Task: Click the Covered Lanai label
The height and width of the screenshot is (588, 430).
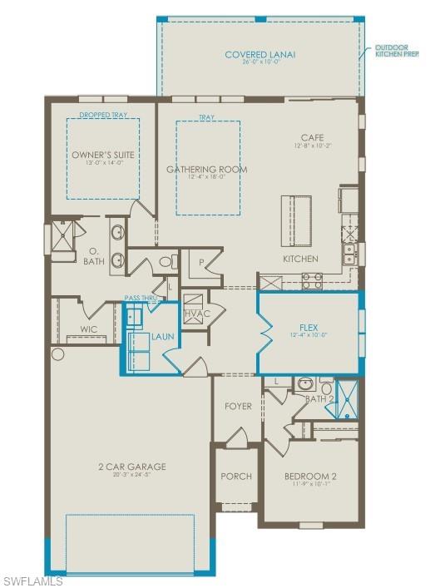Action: (259, 55)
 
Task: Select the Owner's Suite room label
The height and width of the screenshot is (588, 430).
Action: (103, 155)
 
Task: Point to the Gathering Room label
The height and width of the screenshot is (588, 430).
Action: (206, 170)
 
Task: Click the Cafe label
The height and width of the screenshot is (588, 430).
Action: (313, 137)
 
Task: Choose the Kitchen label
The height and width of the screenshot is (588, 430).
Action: (299, 259)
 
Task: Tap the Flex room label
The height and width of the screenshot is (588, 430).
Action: (309, 328)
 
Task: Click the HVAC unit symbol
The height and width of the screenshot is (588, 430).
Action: (193, 302)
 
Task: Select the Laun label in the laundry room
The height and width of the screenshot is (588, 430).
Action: (161, 338)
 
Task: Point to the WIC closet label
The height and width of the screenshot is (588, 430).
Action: (88, 329)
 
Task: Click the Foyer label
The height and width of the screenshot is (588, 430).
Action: (238, 406)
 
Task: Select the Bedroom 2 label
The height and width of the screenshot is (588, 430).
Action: (309, 477)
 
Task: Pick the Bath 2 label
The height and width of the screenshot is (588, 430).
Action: (316, 399)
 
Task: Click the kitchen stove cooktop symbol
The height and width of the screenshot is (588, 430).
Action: (312, 281)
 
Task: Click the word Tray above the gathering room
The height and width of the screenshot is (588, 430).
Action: (207, 117)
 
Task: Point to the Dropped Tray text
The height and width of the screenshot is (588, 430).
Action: (103, 116)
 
